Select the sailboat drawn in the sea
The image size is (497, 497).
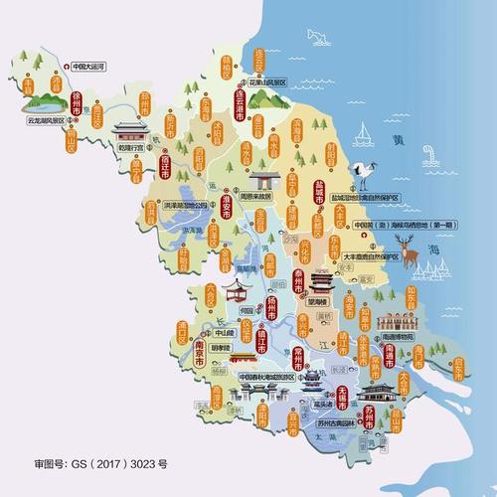364,132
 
